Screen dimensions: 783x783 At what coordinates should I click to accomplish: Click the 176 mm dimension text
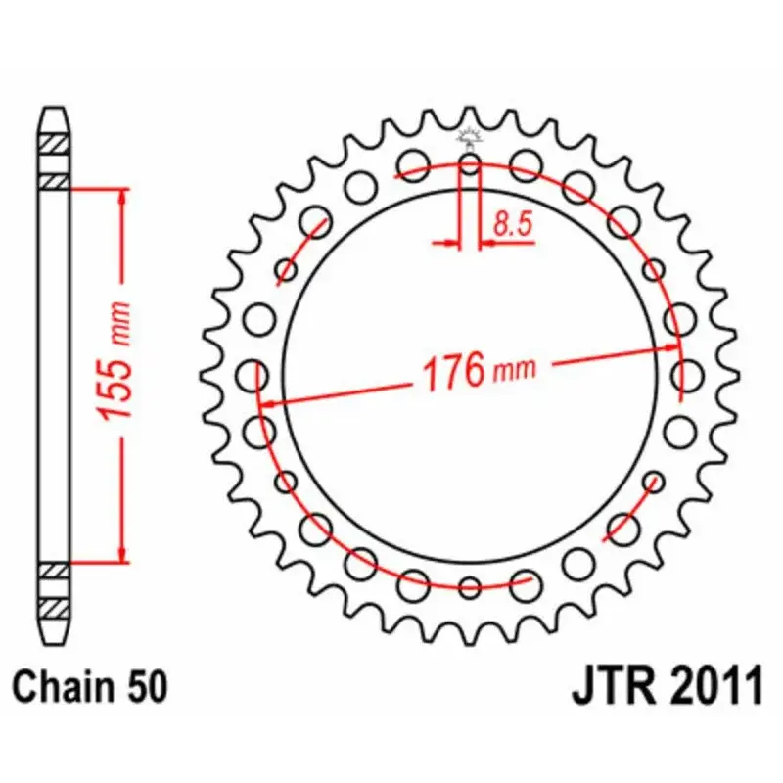[479, 371]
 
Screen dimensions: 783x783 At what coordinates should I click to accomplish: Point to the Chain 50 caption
[90, 687]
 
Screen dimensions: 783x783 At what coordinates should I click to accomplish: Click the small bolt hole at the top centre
[470, 163]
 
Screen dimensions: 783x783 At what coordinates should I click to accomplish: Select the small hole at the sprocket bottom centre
[470, 587]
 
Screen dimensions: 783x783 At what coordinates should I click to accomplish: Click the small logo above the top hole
[470, 138]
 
